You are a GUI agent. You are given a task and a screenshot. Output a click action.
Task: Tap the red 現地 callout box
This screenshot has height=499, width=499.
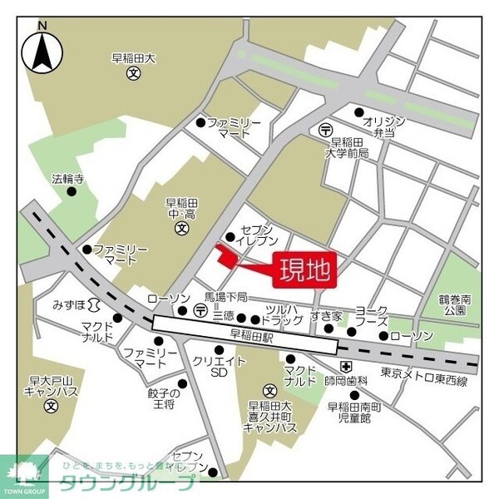point(305,269)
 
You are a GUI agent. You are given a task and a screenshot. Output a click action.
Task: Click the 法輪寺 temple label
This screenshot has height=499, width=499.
point(67,178)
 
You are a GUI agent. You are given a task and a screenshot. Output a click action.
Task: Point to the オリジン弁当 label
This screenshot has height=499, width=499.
point(383,126)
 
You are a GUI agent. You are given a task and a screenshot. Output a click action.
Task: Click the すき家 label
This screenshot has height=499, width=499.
point(326,315)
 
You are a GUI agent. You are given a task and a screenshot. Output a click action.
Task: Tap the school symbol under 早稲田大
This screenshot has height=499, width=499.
point(133,74)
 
